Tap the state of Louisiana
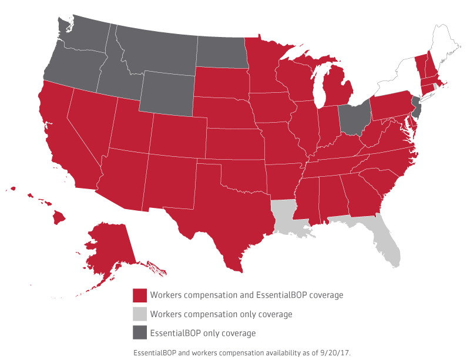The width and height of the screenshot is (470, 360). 288,217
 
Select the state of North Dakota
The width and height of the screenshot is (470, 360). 220,52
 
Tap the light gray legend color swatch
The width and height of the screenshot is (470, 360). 139,314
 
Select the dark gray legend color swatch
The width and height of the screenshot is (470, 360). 139,333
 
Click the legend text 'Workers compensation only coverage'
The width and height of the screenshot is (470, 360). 221,314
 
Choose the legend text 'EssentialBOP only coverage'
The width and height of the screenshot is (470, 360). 203,333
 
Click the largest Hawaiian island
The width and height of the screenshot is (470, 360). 59,217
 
